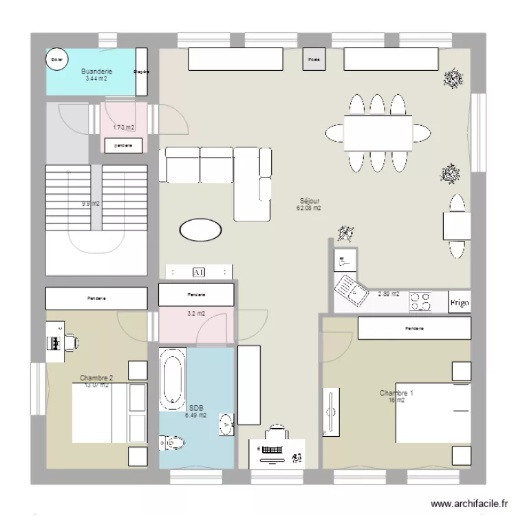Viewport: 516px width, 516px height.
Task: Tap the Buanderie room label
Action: (x=96, y=72)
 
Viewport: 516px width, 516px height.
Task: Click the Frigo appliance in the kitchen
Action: (x=459, y=302)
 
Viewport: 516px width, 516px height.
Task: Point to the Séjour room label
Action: (x=309, y=201)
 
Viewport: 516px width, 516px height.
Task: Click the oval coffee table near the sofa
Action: (x=200, y=230)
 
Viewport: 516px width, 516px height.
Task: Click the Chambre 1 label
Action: (x=396, y=393)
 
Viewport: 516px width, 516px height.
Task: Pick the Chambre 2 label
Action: (x=96, y=378)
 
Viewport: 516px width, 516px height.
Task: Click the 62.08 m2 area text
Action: (x=309, y=208)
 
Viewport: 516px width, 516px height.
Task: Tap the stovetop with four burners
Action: (x=421, y=301)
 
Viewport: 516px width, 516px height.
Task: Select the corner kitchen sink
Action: (x=351, y=289)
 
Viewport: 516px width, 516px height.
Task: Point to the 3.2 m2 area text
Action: (x=196, y=314)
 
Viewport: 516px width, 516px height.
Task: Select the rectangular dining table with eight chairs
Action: (x=378, y=132)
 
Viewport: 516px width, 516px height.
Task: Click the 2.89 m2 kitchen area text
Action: (x=389, y=294)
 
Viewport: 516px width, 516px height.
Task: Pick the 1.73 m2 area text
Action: (x=124, y=127)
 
